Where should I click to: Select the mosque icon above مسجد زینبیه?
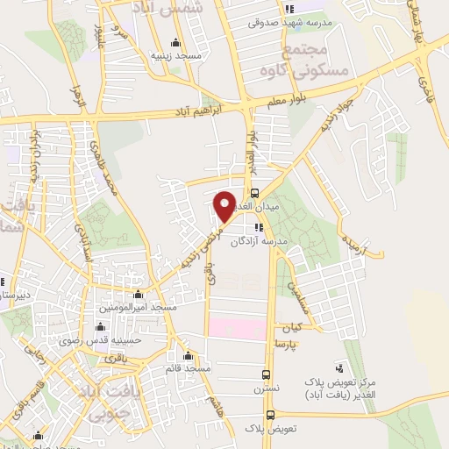[x=176, y=41]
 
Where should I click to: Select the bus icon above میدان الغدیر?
[x=255, y=193]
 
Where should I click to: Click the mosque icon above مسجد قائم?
[x=187, y=355]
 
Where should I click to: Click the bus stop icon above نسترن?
[x=267, y=372]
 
